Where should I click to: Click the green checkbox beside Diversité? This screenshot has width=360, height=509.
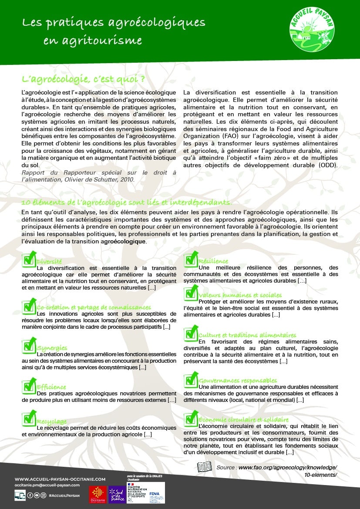coord(29,260)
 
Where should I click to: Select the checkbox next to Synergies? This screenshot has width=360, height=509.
coord(29,346)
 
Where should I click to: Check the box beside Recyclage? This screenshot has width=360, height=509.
coord(29,419)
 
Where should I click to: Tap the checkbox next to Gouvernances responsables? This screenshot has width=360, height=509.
coord(191,379)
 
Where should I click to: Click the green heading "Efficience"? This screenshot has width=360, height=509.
coord(51,387)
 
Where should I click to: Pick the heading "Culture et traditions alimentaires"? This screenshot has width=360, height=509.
coord(247,335)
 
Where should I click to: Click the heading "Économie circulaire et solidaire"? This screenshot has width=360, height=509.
coord(244,419)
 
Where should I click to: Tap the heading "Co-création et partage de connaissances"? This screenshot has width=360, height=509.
coord(94,307)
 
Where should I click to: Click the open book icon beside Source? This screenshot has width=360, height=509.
coord(205,467)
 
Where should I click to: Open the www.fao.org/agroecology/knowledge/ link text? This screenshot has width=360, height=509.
coord(288,467)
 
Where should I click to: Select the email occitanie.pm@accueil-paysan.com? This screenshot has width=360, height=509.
coord(47,485)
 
